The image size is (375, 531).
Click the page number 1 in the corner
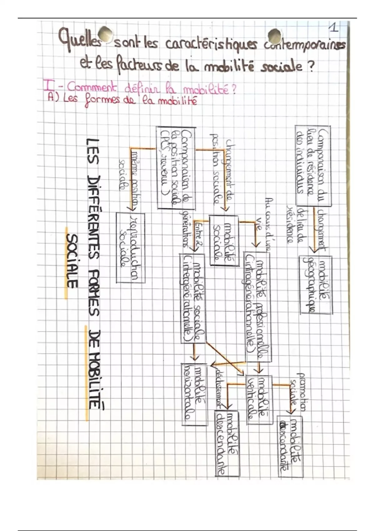(334, 29)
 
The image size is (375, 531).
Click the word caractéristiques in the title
(210, 47)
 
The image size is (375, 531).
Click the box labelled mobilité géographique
(316, 284)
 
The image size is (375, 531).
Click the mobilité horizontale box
(194, 394)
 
